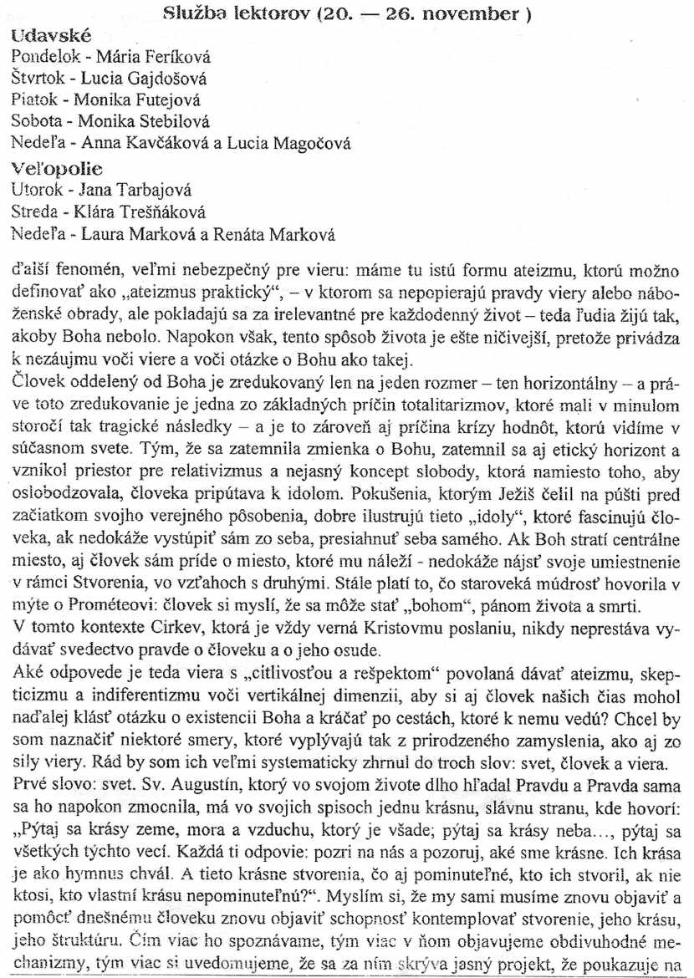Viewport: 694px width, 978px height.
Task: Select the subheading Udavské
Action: (52, 36)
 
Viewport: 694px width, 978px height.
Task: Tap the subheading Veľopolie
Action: (54, 170)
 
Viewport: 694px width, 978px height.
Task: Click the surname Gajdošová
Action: (167, 79)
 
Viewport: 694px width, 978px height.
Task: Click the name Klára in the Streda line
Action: (99, 212)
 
